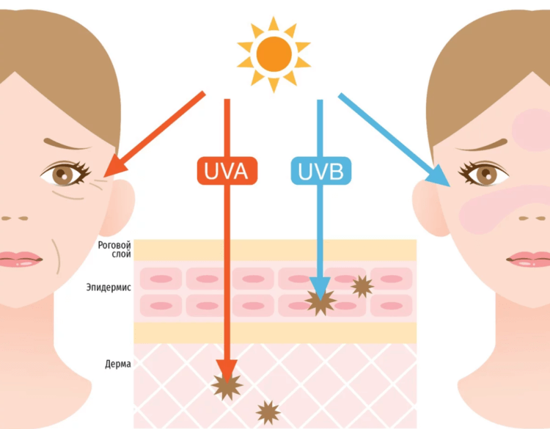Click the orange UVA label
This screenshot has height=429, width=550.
pos(227,171)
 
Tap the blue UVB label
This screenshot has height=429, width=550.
pos(321,171)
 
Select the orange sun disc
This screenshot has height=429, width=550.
pos(273,54)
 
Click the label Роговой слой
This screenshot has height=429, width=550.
pos(114,250)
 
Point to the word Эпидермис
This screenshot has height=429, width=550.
pos(109,288)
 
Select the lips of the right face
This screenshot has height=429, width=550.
pos(530,259)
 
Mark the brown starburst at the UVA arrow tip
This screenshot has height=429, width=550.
pos(227,384)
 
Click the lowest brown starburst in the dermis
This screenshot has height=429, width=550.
pos(267,412)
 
